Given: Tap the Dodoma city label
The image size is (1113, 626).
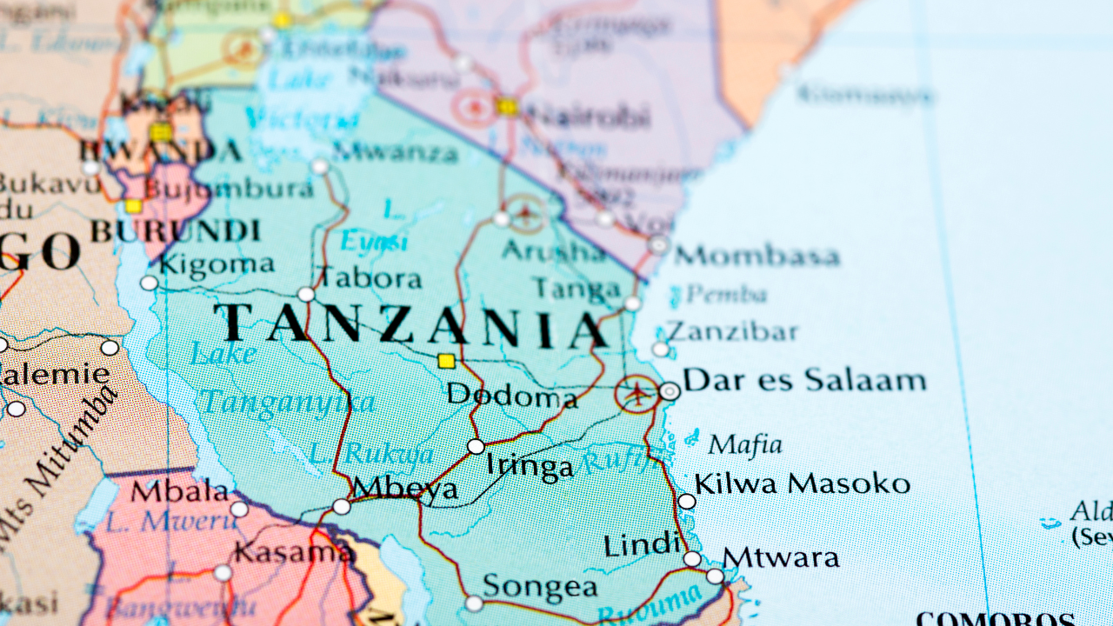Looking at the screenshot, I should click(x=511, y=396).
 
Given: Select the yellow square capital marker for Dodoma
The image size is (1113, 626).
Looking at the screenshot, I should click(x=446, y=361).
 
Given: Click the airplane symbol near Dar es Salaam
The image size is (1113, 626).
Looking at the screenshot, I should click(x=638, y=393).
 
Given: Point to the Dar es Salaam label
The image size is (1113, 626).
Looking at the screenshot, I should click(x=804, y=381).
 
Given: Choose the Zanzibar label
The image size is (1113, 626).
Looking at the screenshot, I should click(x=731, y=332).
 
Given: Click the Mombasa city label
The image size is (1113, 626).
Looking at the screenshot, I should click(x=757, y=256).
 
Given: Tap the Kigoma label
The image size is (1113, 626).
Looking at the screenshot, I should click(x=217, y=264).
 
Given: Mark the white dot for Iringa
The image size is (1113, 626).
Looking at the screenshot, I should click(x=476, y=447).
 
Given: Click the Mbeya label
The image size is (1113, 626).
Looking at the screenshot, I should click(x=405, y=488).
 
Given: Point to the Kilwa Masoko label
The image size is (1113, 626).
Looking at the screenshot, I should click(x=802, y=484).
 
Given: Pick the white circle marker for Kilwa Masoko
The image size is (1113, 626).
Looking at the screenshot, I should click(x=686, y=501).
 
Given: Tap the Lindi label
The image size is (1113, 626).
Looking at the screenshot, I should click(x=642, y=545).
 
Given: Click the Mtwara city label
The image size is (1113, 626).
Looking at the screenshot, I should click(x=781, y=557).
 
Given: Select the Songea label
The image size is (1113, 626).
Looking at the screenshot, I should click(x=540, y=587).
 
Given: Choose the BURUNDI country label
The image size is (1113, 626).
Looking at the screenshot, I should click(x=176, y=231).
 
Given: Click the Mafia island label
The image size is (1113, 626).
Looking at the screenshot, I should click(x=744, y=446).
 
